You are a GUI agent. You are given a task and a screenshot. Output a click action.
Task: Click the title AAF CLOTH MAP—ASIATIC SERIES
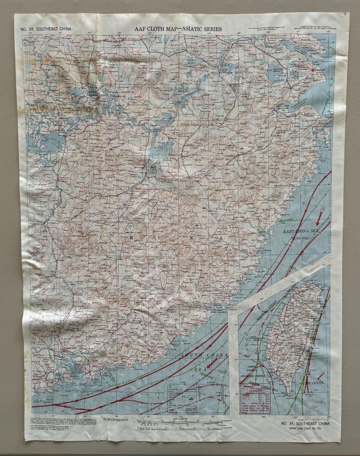pos(178,29)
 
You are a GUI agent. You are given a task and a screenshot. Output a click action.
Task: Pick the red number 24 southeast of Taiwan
pos(308,374)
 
